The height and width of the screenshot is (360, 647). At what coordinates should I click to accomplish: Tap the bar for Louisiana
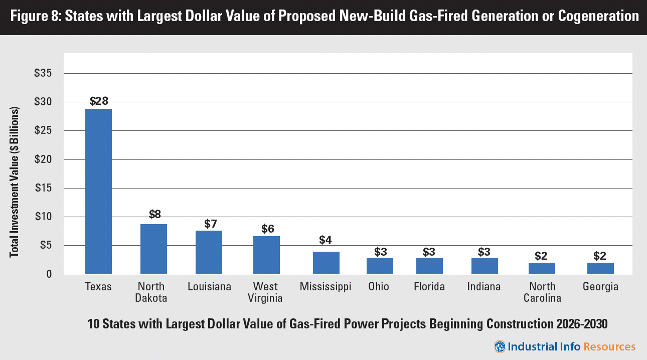(209, 252)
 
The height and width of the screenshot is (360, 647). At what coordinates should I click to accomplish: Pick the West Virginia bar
(266, 255)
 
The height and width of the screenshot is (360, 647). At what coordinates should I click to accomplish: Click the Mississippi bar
(326, 263)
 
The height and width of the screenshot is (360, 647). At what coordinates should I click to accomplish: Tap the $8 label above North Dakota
(155, 215)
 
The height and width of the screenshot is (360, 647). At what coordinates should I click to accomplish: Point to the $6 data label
(268, 229)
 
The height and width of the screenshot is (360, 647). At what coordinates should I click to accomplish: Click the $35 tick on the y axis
(43, 73)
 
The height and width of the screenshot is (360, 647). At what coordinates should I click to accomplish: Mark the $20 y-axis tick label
(43, 159)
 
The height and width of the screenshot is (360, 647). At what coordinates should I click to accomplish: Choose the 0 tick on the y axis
(49, 274)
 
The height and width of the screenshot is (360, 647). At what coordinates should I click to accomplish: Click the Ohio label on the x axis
(379, 287)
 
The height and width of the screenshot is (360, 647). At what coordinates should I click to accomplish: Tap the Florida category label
(429, 287)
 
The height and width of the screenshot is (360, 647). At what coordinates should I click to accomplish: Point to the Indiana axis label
(484, 287)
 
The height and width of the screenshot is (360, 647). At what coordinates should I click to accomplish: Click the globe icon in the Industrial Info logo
(500, 346)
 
